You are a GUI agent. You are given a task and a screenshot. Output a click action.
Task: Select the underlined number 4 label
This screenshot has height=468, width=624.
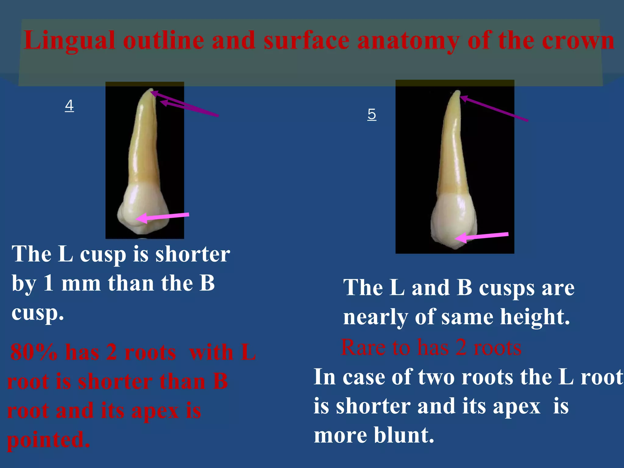click(69, 105)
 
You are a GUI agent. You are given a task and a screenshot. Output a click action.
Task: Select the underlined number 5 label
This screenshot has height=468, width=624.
click(372, 114)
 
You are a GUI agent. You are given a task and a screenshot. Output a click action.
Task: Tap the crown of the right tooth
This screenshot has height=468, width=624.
click(454, 219)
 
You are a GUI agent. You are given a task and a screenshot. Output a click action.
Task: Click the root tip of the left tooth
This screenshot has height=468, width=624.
click(150, 90)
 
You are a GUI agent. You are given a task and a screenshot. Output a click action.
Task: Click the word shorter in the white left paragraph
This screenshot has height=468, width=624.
click(193, 254)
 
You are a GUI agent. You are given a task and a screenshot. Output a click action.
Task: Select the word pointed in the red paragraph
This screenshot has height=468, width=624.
click(48, 440)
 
